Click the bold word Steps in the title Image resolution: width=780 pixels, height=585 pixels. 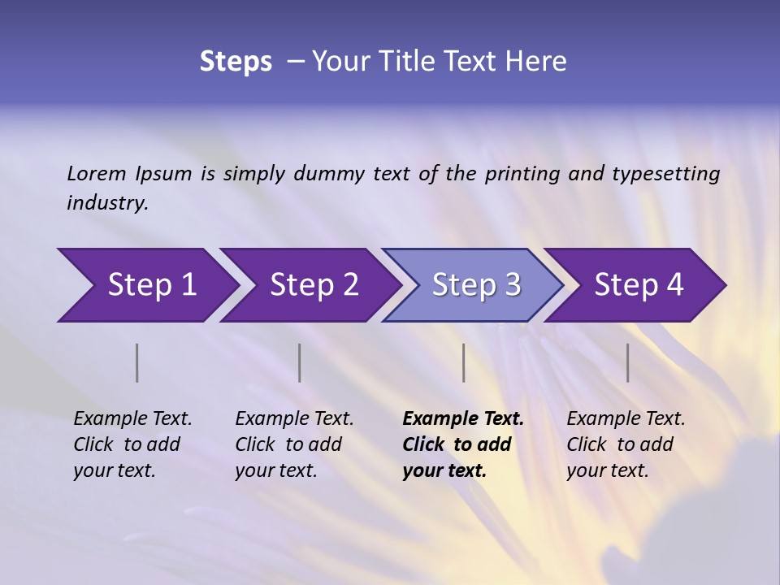(236, 62)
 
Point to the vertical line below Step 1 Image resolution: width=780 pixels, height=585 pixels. (137, 362)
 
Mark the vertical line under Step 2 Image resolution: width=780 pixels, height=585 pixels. (300, 362)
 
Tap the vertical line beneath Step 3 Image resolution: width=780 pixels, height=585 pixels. (463, 362)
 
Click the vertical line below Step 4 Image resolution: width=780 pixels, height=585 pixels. (627, 362)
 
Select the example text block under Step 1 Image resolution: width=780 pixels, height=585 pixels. (132, 444)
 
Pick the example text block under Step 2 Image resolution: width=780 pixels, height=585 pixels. (294, 444)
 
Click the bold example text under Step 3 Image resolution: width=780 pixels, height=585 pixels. (462, 444)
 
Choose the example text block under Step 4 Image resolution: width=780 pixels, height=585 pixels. (626, 444)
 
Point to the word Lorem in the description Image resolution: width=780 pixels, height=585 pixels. (97, 173)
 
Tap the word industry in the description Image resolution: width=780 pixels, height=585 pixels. (107, 203)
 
